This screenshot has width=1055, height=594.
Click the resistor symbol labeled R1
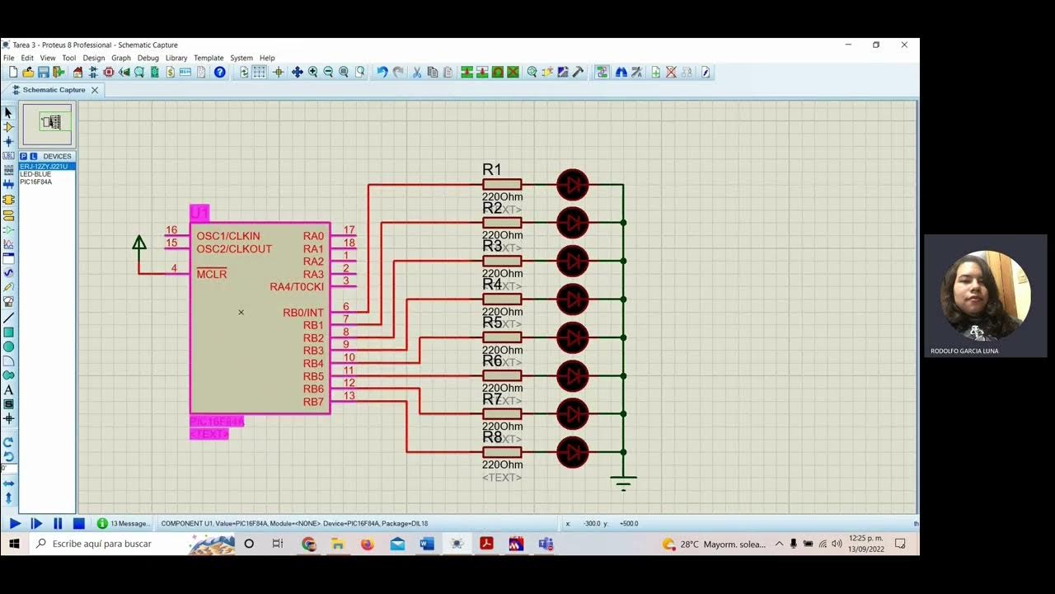(x=502, y=185)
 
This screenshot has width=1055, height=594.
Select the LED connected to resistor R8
(x=573, y=452)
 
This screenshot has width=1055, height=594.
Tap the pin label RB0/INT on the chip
(x=303, y=313)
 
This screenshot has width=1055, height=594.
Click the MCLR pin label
(x=211, y=274)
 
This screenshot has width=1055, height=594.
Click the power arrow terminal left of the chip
(x=139, y=243)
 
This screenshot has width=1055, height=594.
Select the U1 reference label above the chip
(x=199, y=213)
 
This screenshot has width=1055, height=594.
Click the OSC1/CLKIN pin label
(x=227, y=236)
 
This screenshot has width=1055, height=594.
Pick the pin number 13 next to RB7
(x=349, y=396)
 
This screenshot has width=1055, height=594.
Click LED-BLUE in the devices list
(x=35, y=174)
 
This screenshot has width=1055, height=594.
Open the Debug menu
(x=148, y=58)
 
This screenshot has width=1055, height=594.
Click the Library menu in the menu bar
(x=176, y=58)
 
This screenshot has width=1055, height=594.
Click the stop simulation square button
(x=79, y=523)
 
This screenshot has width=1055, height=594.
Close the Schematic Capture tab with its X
(x=95, y=90)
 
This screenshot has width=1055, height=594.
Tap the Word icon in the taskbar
(x=427, y=544)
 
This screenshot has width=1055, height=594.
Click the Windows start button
(x=14, y=544)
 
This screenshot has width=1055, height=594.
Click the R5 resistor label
(x=492, y=323)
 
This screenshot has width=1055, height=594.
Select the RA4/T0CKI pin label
(x=297, y=287)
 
